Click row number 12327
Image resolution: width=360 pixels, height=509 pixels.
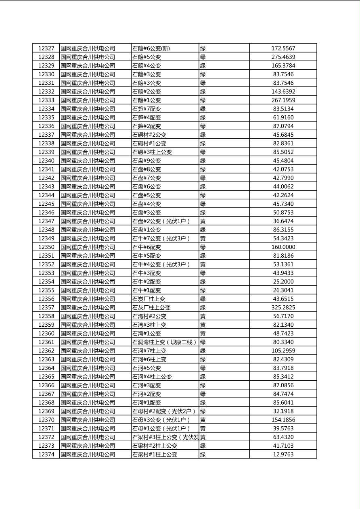click(46, 48)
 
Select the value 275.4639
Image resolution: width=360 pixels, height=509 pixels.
click(283, 57)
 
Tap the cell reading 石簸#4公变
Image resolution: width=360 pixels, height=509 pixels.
click(147, 66)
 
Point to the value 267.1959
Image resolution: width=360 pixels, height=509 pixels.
click(283, 100)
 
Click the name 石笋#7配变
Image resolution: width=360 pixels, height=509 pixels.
click(147, 109)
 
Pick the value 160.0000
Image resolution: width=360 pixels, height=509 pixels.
click(283, 247)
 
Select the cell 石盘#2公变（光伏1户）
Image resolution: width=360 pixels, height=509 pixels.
click(161, 221)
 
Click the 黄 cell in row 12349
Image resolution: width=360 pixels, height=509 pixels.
click(203, 238)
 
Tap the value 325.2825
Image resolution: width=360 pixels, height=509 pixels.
click(283, 307)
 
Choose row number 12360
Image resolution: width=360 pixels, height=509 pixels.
click(46, 333)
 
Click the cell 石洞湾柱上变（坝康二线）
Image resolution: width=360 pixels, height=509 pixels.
click(164, 342)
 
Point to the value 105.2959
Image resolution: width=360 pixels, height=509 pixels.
click(283, 350)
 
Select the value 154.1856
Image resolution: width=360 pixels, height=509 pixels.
click(283, 420)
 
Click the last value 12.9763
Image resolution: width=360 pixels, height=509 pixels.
click(283, 454)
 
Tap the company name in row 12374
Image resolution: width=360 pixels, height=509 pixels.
click(88, 454)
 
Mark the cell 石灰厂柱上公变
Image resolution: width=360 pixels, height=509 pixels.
click(151, 307)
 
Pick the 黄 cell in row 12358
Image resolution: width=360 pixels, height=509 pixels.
click(203, 316)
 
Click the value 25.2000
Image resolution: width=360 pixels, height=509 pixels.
click(283, 282)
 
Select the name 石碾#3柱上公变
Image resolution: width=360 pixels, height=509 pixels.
click(152, 152)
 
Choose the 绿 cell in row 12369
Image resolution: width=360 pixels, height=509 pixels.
click(203, 411)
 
